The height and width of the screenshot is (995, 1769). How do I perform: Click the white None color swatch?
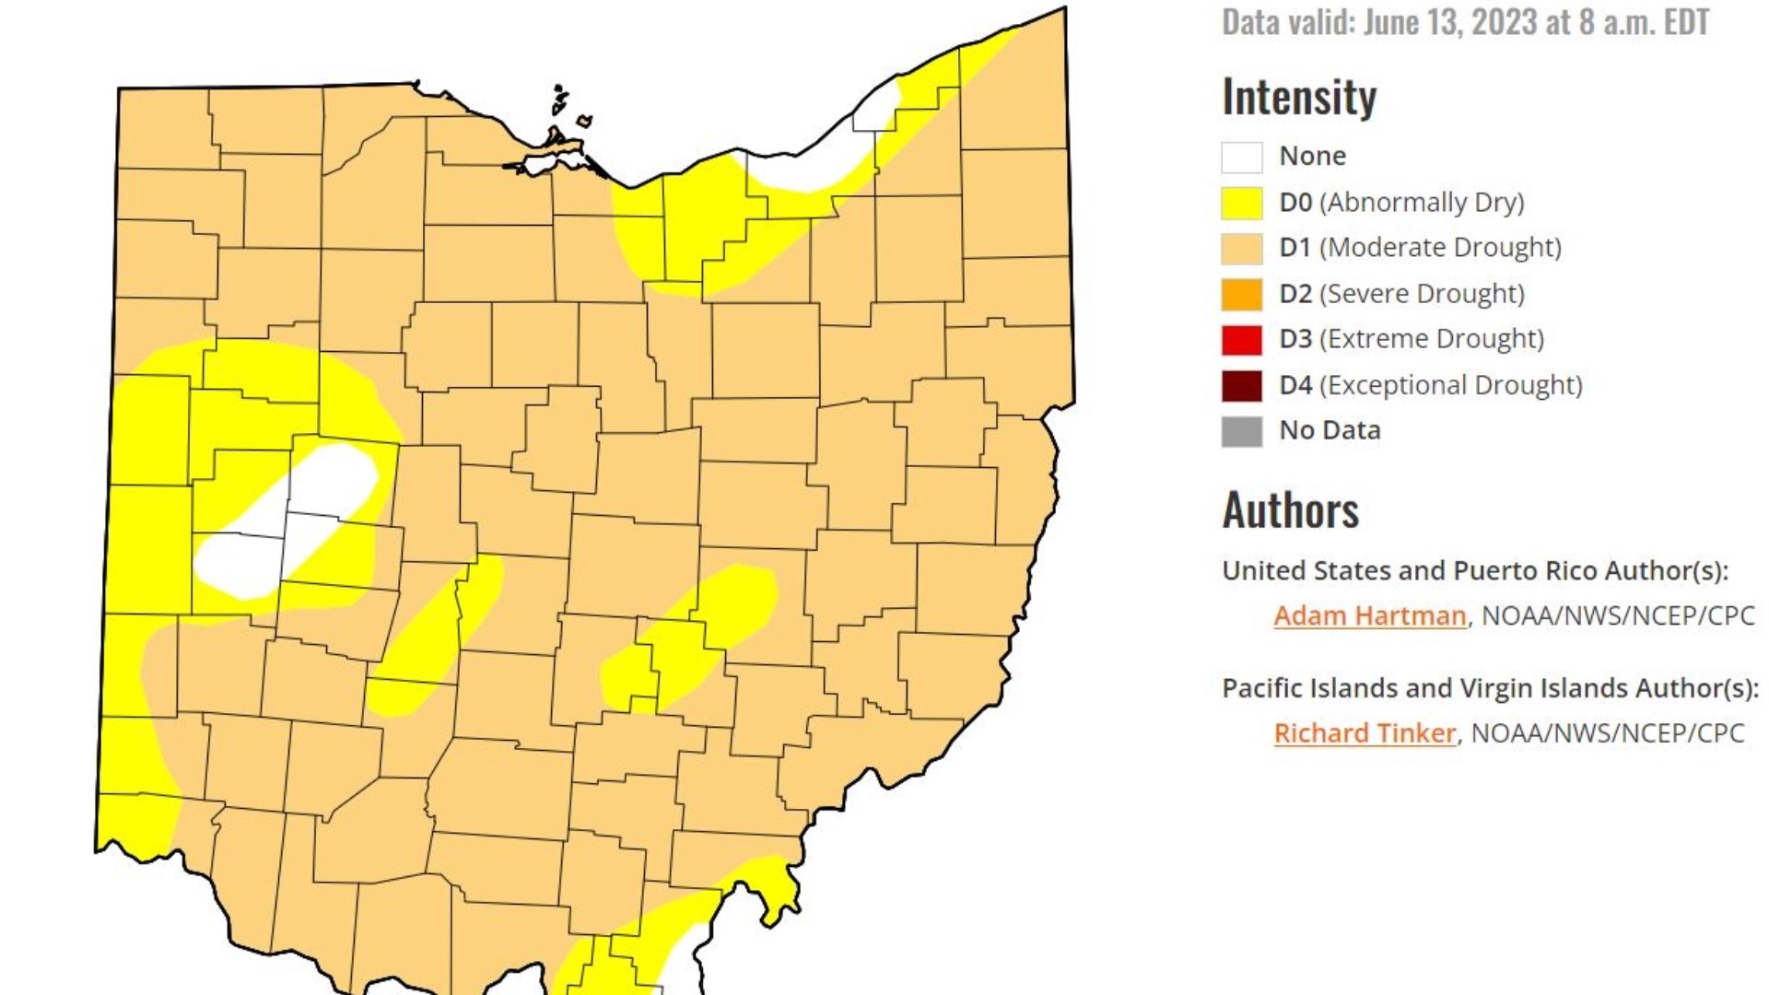pyautogui.click(x=1241, y=158)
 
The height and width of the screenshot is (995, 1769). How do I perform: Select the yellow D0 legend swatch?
pyautogui.click(x=1241, y=203)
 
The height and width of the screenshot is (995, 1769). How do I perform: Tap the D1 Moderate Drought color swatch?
pyautogui.click(x=1241, y=249)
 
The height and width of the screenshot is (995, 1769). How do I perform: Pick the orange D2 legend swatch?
pyautogui.click(x=1241, y=294)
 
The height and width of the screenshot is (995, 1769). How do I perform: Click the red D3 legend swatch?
pyautogui.click(x=1241, y=340)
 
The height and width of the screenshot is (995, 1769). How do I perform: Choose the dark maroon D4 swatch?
pyautogui.click(x=1241, y=385)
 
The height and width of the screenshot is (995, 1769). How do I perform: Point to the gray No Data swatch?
pyautogui.click(x=1241, y=431)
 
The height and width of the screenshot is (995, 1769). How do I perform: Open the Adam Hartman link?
pyautogui.click(x=1369, y=615)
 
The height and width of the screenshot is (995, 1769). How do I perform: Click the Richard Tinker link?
pyautogui.click(x=1365, y=733)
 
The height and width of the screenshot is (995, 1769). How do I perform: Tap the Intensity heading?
pyautogui.click(x=1299, y=97)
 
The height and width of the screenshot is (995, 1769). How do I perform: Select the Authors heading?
pyautogui.click(x=1290, y=510)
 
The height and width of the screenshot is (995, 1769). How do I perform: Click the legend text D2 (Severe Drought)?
pyautogui.click(x=1401, y=294)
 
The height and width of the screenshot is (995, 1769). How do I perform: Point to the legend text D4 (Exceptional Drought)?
pyautogui.click(x=1430, y=385)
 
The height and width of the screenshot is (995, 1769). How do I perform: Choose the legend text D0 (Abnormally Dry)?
pyautogui.click(x=1401, y=203)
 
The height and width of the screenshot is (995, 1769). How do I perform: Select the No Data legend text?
pyautogui.click(x=1330, y=430)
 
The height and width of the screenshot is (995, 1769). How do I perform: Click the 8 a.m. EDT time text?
pyautogui.click(x=1644, y=22)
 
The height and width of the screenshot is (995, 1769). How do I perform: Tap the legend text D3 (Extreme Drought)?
pyautogui.click(x=1411, y=339)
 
